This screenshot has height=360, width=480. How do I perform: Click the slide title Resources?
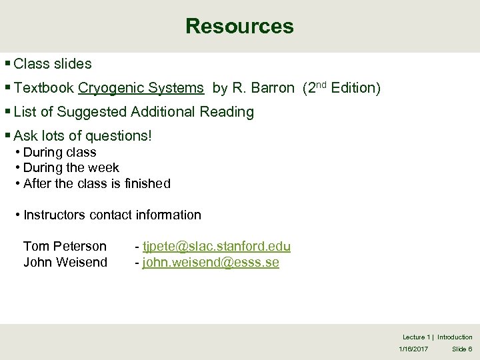coord(239,26)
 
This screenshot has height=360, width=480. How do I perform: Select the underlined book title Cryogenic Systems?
coord(141,88)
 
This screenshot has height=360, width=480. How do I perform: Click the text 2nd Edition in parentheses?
coord(341,88)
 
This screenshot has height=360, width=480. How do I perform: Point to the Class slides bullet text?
coord(52,64)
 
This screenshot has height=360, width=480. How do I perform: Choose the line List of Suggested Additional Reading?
coord(133,112)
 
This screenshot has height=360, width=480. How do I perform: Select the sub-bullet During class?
coord(59,152)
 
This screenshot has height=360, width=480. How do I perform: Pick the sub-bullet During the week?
coord(71,167)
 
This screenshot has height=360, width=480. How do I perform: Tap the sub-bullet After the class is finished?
coord(97,183)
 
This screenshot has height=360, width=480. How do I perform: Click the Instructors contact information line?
coord(111,215)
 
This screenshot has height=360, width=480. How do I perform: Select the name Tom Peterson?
coord(65,247)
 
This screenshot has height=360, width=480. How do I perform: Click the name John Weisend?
coord(65,263)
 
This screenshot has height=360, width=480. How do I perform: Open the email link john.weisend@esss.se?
coord(211,263)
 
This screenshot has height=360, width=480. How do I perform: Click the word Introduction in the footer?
coord(455,337)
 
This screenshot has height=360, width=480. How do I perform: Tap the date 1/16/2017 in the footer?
coord(413,349)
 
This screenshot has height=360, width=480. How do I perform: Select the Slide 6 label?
coord(462,349)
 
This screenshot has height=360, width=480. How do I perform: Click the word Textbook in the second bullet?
coord(44,88)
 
